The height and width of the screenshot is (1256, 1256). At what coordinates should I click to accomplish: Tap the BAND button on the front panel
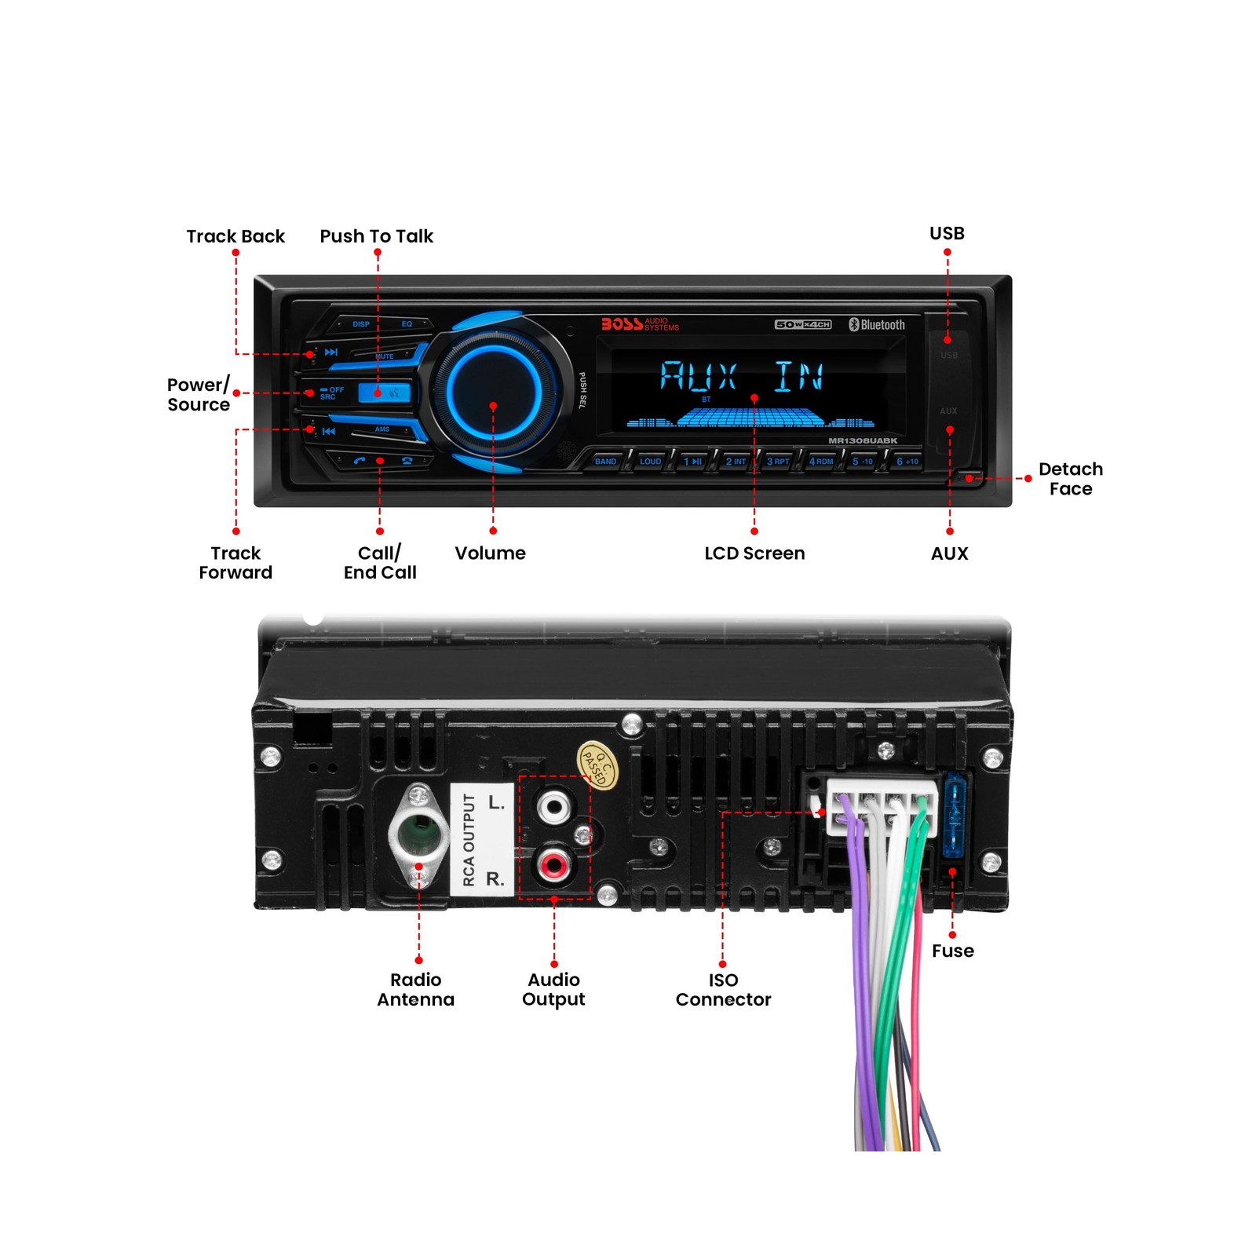(x=605, y=462)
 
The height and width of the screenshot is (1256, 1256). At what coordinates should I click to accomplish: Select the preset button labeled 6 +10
(x=907, y=462)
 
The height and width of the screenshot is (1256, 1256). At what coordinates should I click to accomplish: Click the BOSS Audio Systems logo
(x=640, y=324)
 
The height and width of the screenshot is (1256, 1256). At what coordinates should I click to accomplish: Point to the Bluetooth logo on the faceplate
(x=876, y=325)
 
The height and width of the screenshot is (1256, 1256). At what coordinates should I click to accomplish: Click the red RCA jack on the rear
(x=553, y=865)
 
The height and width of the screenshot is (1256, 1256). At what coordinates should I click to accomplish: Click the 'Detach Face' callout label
(x=1070, y=479)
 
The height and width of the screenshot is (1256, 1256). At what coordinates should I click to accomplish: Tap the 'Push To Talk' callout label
(x=376, y=236)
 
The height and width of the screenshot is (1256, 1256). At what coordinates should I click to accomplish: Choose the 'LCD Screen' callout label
(x=754, y=553)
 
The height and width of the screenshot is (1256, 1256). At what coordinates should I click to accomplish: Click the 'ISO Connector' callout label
(x=723, y=990)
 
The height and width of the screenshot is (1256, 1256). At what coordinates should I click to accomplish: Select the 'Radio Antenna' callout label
(x=415, y=990)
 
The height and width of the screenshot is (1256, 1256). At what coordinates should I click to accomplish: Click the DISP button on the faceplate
(x=360, y=324)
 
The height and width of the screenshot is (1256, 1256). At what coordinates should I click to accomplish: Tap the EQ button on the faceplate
(x=407, y=324)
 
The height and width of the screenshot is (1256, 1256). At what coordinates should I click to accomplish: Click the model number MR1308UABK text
(x=862, y=441)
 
